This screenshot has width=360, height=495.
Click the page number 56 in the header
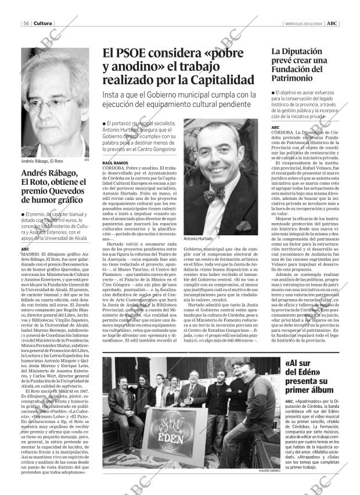coord(27,23)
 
